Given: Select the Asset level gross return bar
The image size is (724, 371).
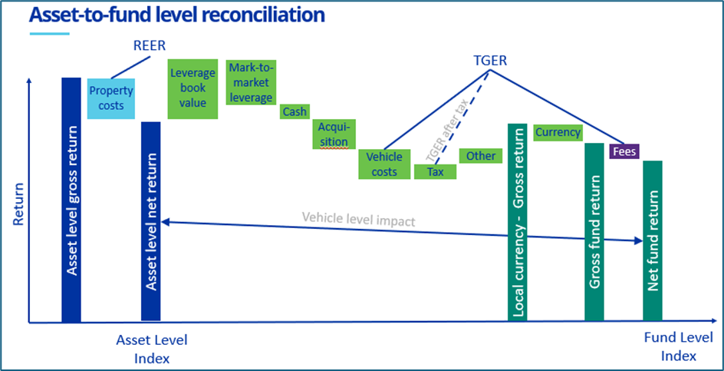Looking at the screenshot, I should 71,200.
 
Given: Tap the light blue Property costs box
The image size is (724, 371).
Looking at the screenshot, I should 111,98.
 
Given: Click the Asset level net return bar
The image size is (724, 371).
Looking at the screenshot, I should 151,220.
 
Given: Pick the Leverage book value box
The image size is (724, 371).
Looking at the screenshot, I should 193,89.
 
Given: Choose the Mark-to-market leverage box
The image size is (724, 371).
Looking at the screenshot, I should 252,83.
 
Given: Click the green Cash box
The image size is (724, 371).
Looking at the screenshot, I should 295,112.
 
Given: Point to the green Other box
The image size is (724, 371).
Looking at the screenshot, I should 481,156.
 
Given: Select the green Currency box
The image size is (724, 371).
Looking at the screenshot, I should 558,132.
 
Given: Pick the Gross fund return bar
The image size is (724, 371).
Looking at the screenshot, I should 594,232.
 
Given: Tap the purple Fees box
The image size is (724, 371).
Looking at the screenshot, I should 624,151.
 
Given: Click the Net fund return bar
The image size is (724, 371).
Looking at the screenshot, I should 653,240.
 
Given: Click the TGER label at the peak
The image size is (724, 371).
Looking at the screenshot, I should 491,60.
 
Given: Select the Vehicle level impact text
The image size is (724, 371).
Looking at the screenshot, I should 358,221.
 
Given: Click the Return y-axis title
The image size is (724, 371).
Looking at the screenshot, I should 18,204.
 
